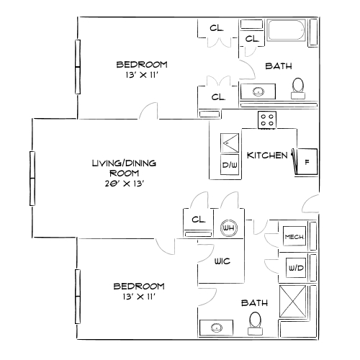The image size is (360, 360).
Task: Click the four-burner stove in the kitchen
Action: click(267, 120)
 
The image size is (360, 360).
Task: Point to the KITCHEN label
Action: click(268, 155)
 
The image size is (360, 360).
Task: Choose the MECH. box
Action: click(293, 237)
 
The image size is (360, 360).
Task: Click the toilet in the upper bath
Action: click(298, 86)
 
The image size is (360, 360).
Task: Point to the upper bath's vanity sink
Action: click(258, 91)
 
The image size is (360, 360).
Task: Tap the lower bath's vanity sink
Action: click(217, 328)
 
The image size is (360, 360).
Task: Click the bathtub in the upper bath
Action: click(288, 32)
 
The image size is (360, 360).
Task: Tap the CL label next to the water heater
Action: click(199, 219)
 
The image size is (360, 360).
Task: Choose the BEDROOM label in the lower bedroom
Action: click(140, 286)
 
